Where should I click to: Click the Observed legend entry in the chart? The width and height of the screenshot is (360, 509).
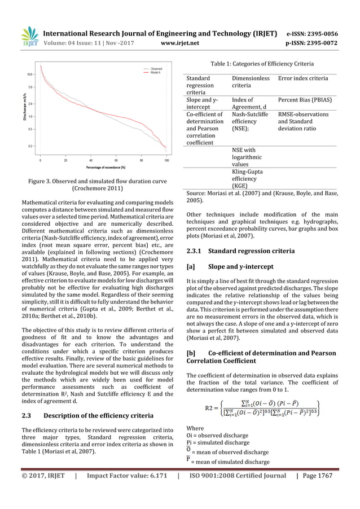click(x=156, y=68)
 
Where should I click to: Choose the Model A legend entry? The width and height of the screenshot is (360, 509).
click(x=156, y=73)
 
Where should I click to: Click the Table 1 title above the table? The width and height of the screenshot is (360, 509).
click(x=262, y=64)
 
